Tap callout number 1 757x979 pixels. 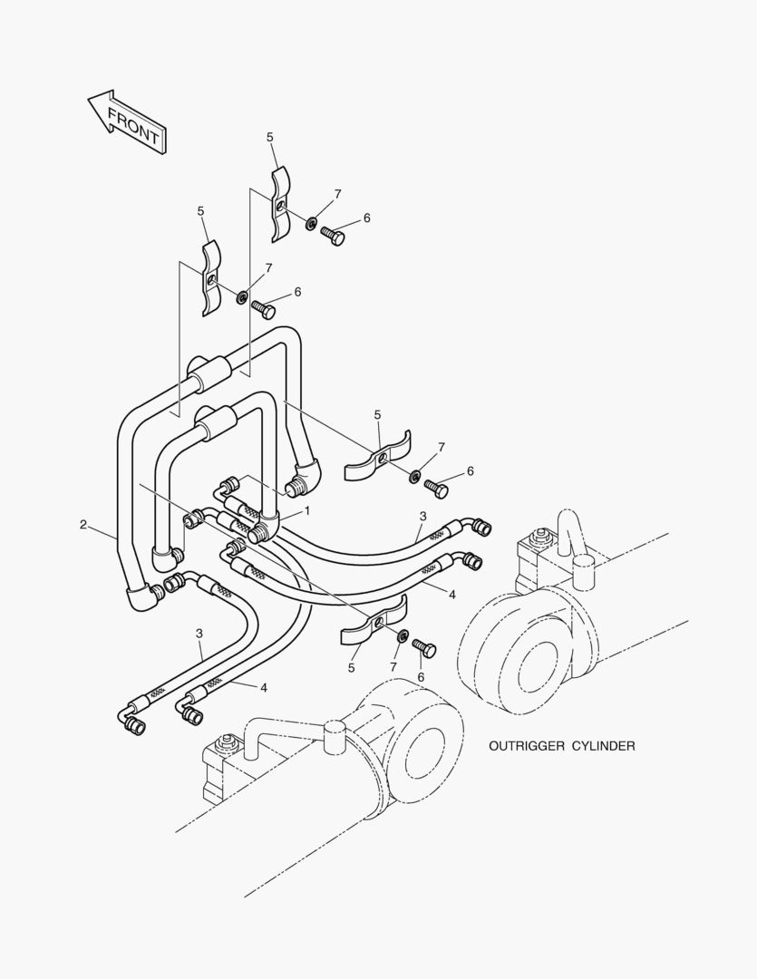pyautogui.click(x=307, y=511)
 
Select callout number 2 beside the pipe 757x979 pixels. pyautogui.click(x=83, y=524)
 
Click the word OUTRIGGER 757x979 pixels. pyautogui.click(x=526, y=746)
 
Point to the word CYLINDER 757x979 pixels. pyautogui.click(x=602, y=746)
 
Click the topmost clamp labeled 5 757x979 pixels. pyautogui.click(x=281, y=203)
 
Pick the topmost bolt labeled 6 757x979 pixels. pyautogui.click(x=334, y=237)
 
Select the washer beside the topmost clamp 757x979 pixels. pyautogui.click(x=311, y=223)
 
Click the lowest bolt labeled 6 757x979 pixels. pyautogui.click(x=424, y=649)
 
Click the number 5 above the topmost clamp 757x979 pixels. pyautogui.click(x=270, y=137)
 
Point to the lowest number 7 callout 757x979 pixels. pyautogui.click(x=393, y=667)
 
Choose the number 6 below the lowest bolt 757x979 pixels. pyautogui.click(x=421, y=677)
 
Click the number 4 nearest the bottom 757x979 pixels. pyautogui.click(x=264, y=687)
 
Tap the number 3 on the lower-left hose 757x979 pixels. pyautogui.click(x=199, y=632)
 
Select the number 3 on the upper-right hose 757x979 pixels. pyautogui.click(x=422, y=517)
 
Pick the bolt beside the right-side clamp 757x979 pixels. pyautogui.click(x=437, y=489)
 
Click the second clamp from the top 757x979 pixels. pyautogui.click(x=210, y=277)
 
